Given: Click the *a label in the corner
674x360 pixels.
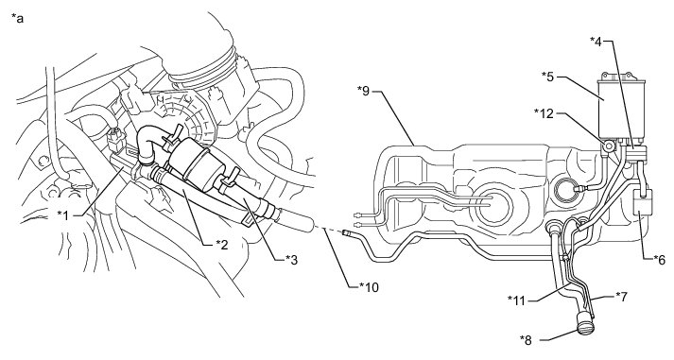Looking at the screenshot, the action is [17, 18].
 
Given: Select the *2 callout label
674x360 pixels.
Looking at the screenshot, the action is [222, 244].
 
